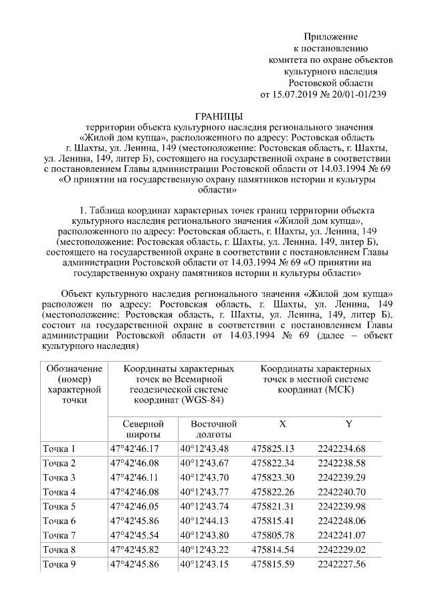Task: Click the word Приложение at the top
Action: [x=330, y=35]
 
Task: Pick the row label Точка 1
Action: [x=60, y=449]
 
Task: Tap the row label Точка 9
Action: [x=60, y=565]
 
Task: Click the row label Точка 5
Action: [x=60, y=506]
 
